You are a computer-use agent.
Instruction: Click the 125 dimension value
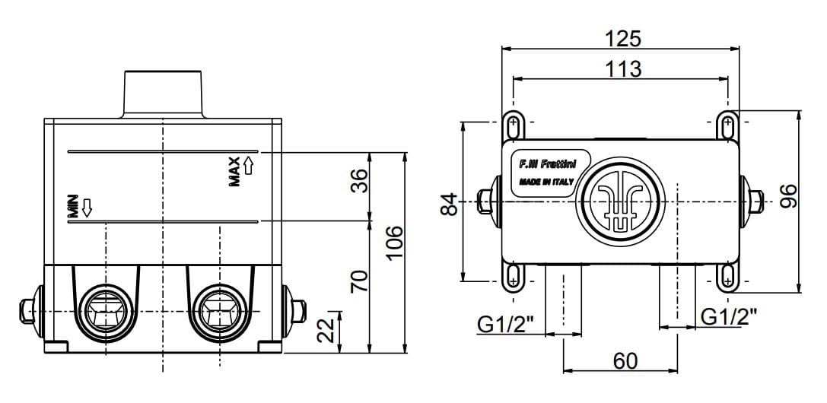[x=622, y=39]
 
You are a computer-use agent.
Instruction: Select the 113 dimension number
[x=623, y=68]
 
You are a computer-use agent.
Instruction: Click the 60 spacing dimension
[x=625, y=361]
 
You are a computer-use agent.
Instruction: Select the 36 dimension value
[x=359, y=181]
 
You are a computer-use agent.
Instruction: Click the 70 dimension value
[x=359, y=281]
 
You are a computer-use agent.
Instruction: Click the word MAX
[x=234, y=172]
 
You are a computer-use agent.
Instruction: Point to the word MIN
[x=73, y=206]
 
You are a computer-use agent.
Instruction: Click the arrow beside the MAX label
[x=249, y=166]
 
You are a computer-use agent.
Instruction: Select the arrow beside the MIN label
[x=87, y=208]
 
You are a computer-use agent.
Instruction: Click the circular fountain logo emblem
[x=622, y=201]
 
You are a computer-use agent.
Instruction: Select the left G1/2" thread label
[x=505, y=325]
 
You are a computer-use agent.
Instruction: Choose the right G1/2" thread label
[x=730, y=316]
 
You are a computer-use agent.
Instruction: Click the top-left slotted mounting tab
[x=512, y=126]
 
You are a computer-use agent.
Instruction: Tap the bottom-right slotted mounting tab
[x=728, y=277]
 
